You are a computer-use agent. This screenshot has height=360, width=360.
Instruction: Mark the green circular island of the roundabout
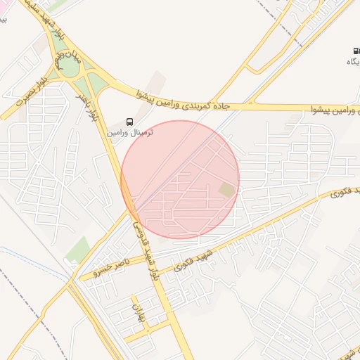(67, 65)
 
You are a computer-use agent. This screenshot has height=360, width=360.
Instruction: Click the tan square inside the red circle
(226, 190)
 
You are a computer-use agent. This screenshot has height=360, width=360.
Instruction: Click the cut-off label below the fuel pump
(352, 62)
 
